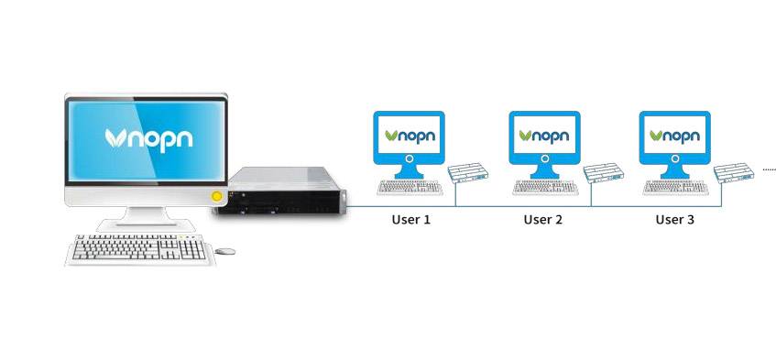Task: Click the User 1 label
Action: (x=410, y=220)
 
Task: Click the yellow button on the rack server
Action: (x=217, y=196)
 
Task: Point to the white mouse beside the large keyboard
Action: (x=224, y=250)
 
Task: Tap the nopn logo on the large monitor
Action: (x=147, y=138)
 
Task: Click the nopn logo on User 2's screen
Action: (x=544, y=136)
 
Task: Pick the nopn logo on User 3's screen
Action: (x=674, y=136)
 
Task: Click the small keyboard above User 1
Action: (x=410, y=187)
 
